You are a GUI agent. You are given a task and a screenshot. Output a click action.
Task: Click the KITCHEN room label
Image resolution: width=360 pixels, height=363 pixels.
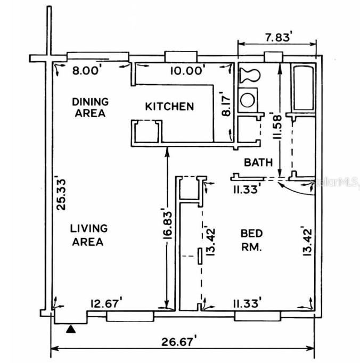pos(169,106)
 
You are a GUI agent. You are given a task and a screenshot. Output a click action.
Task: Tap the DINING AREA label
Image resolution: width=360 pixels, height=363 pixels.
pos(90,107)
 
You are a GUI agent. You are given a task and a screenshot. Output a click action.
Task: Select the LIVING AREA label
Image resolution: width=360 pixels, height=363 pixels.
pos(89,235)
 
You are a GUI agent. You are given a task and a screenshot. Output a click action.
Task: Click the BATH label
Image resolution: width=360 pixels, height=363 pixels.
pos(258,162)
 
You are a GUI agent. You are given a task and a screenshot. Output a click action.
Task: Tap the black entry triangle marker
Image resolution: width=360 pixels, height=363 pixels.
pos(70,330)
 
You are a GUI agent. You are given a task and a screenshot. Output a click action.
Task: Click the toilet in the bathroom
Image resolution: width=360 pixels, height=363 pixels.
pos(249,74)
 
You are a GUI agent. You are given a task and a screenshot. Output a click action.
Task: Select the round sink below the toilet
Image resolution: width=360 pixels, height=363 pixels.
pos(248,99)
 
